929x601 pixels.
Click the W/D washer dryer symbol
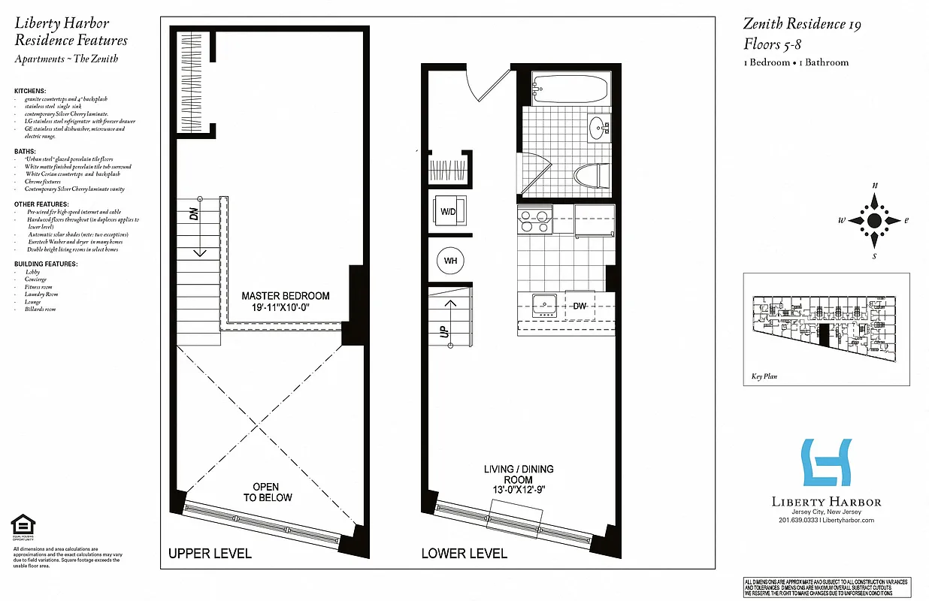pyautogui.click(x=449, y=212)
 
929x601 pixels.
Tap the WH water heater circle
pyautogui.click(x=451, y=261)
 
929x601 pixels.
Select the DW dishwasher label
pyautogui.click(x=579, y=307)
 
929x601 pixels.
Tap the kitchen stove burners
pyautogui.click(x=534, y=220)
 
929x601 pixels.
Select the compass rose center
pyautogui.click(x=874, y=220)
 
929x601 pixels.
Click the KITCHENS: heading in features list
pyautogui.click(x=30, y=91)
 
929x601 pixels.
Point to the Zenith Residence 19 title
pyautogui.click(x=802, y=24)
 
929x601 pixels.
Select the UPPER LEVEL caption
pyautogui.click(x=210, y=554)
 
